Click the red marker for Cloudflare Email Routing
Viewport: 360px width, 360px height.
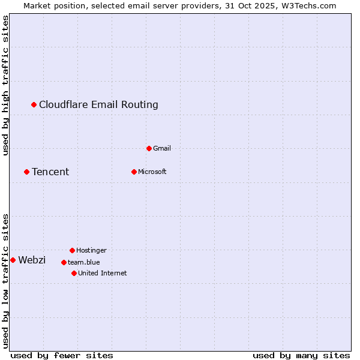coord(34,105)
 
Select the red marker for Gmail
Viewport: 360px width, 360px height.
coord(149,148)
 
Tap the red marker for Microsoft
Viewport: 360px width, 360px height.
coord(134,172)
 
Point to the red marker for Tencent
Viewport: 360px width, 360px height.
coord(27,172)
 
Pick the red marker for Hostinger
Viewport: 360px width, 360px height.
coord(73,250)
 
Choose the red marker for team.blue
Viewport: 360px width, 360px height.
coord(64,262)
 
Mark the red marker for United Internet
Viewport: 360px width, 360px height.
coord(74,274)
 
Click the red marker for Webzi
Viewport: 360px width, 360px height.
coord(13,260)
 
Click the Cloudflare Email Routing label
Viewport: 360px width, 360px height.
coord(98,105)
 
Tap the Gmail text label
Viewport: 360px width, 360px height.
coord(162,149)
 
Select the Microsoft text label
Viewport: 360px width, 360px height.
coord(152,172)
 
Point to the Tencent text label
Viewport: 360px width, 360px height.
coord(50,172)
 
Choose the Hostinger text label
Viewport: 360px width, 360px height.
coord(91,250)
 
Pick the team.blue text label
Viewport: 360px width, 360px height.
coord(84,262)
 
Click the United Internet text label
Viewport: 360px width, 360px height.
coord(103,274)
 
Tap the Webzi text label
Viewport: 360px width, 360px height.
coord(32,260)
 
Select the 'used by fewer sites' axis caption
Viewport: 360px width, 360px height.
coord(62,355)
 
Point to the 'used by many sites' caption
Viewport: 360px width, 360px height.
coord(301,355)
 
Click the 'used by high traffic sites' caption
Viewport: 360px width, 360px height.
coord(6,86)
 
